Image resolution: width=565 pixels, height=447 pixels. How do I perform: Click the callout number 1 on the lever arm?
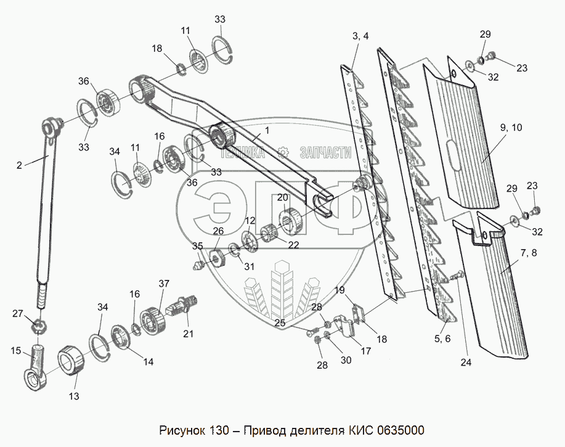tap(267, 130)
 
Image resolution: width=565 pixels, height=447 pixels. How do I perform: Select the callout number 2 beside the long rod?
tap(19, 165)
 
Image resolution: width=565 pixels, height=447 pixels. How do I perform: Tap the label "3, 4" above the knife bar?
tap(360, 36)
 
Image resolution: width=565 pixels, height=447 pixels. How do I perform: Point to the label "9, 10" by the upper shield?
tap(511, 128)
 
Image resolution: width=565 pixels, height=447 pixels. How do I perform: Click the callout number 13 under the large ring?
tap(73, 396)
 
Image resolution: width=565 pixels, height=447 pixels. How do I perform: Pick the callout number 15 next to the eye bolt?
tap(15, 351)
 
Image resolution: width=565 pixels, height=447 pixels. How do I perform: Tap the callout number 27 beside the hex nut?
tap(18, 313)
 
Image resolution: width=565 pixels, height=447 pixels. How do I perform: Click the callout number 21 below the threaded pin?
tap(188, 334)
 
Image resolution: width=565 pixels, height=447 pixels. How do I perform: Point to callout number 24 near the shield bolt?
tap(466, 363)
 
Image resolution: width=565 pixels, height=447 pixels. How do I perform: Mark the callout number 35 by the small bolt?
tap(197, 246)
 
